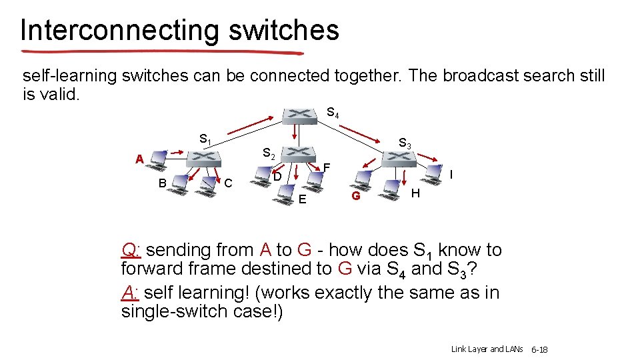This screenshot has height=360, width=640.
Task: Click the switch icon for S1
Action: point(203,159)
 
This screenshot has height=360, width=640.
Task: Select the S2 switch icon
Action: point(299,154)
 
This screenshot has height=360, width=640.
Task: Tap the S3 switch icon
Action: point(399,158)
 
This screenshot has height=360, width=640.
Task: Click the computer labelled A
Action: point(159,159)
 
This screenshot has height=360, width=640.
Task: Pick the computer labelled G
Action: point(363,179)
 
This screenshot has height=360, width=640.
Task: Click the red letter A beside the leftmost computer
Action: point(139,159)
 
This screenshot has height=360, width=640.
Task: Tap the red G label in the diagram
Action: point(356,196)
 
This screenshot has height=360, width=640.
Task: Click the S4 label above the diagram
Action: point(333,113)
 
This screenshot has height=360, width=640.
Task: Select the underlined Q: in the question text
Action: point(130,251)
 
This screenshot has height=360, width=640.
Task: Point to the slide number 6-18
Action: point(539,349)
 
